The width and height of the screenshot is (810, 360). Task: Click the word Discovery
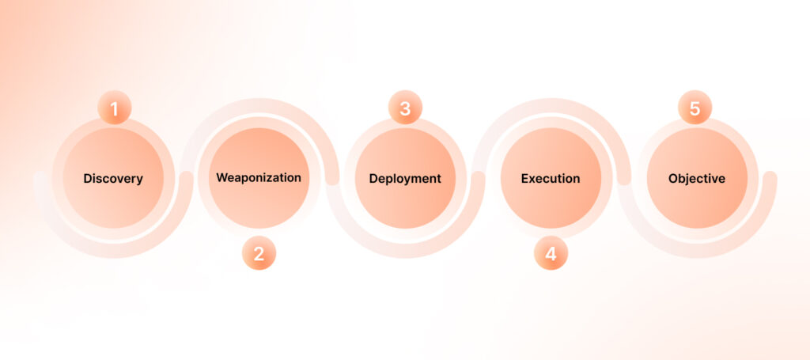coord(113,179)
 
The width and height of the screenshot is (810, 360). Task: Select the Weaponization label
coord(259,178)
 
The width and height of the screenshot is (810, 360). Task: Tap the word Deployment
coord(405,180)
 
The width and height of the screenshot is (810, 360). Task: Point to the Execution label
coord(551,179)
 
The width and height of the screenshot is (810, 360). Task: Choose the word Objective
coord(697,180)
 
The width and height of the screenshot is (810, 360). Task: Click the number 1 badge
coord(115,108)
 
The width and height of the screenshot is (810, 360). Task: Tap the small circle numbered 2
coord(259,253)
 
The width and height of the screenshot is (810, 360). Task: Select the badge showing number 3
coord(405,108)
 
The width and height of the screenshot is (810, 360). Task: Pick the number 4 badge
coord(551,253)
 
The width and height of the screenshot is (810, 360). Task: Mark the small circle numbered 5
coord(695,108)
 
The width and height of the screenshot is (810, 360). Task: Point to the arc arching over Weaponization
coord(259,105)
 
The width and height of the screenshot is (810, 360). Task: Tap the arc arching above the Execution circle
coord(551,105)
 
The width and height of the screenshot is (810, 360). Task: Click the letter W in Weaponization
coord(222,178)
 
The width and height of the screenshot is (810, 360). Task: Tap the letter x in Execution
coord(532,180)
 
